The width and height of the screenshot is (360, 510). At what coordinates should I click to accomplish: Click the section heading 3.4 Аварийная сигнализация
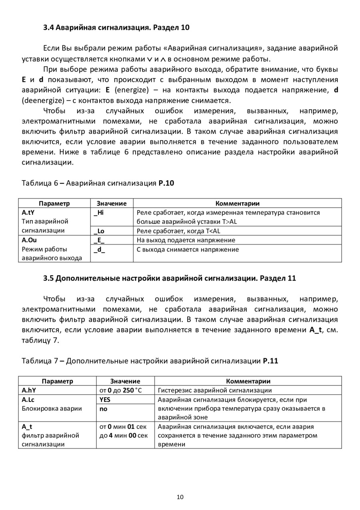click(x=116, y=28)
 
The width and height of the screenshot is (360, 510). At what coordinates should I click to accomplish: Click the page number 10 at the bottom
click(x=180, y=497)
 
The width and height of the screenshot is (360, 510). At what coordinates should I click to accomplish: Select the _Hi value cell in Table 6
click(x=99, y=213)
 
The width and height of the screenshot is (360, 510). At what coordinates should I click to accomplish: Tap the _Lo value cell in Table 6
click(x=99, y=231)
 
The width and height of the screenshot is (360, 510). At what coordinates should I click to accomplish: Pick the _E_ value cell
click(x=99, y=240)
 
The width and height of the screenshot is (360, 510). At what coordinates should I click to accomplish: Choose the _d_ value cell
click(x=99, y=249)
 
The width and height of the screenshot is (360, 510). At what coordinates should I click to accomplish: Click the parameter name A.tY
click(x=28, y=213)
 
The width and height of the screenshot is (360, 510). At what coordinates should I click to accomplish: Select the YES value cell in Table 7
click(x=105, y=400)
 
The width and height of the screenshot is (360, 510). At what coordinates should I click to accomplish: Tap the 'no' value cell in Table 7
click(x=103, y=409)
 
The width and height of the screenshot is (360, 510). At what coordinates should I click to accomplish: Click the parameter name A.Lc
click(x=28, y=400)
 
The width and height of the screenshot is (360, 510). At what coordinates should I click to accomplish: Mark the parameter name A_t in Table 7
click(x=27, y=427)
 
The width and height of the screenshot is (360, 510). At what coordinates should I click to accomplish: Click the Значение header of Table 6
click(x=112, y=203)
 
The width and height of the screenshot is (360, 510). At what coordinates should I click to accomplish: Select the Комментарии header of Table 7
click(x=248, y=381)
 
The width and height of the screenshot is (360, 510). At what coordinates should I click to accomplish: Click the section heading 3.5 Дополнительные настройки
click(x=170, y=278)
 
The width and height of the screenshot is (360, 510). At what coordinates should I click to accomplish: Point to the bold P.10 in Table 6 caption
click(x=166, y=183)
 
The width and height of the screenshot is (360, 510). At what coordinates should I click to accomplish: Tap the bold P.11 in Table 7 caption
click(x=270, y=361)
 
